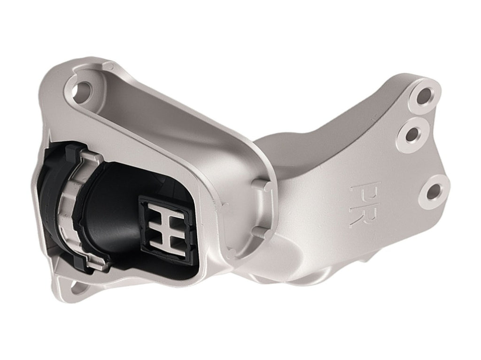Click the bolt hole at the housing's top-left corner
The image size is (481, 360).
click(83, 90)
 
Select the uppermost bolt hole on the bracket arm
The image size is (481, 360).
click(425, 96)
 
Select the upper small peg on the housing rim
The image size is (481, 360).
click(259, 185)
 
